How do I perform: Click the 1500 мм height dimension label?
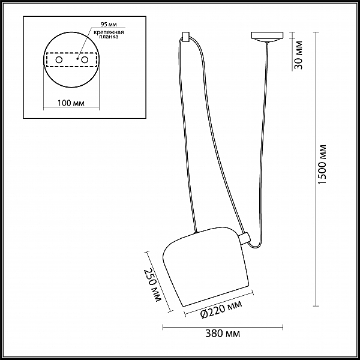(x=322, y=164)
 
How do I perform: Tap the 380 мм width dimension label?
(x=223, y=334)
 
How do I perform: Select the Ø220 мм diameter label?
(x=221, y=309)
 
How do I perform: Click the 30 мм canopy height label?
(x=298, y=55)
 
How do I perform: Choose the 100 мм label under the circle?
(x=71, y=103)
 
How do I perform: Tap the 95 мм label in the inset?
(x=109, y=25)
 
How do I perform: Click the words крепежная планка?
(x=109, y=34)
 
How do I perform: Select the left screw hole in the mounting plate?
(x=59, y=60)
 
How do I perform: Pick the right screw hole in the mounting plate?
(x=85, y=60)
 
